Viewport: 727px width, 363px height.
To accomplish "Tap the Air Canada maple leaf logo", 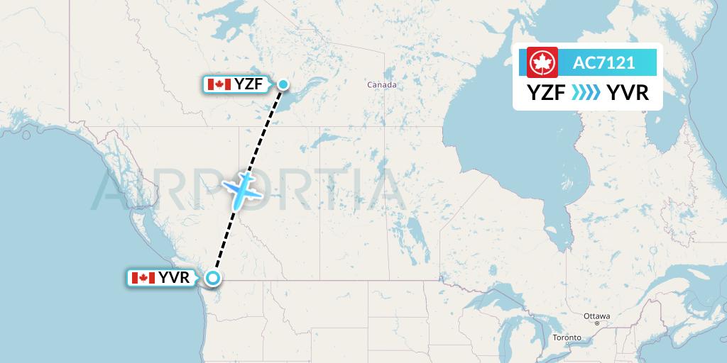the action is pos(543,63).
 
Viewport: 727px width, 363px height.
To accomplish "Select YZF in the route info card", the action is pos(547,93).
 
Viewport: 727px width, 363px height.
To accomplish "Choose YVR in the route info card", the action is pos(628,93).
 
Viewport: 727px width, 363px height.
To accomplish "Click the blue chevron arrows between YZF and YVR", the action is pos(586,93).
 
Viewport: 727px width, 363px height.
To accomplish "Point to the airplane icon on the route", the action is pos(241,188).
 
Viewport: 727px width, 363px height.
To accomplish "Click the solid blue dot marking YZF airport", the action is pos(283,85).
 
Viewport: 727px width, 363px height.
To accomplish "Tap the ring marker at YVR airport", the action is pos(212,278).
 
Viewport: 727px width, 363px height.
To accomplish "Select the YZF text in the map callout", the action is pos(249,85).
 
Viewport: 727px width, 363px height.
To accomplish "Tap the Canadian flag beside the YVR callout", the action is pos(143,278).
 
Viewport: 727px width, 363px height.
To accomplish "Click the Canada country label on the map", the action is pos(381,85).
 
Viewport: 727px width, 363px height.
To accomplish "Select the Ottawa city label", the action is pos(596,315).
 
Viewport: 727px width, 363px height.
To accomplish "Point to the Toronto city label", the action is pos(567,337).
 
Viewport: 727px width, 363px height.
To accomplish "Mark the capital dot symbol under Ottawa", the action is pos(597,323).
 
